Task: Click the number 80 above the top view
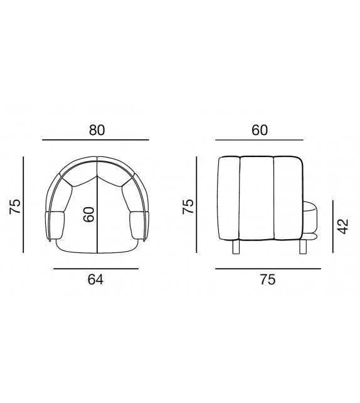tap(97, 130)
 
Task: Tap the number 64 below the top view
tap(95, 279)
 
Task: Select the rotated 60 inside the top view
tap(89, 214)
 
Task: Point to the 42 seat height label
tap(343, 227)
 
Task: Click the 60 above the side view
tap(260, 130)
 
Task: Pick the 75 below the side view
tap(268, 279)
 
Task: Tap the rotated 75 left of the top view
tap(15, 207)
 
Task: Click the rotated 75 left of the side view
tap(188, 207)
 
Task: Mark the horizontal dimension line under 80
tap(95, 140)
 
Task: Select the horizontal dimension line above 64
tap(96, 269)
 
